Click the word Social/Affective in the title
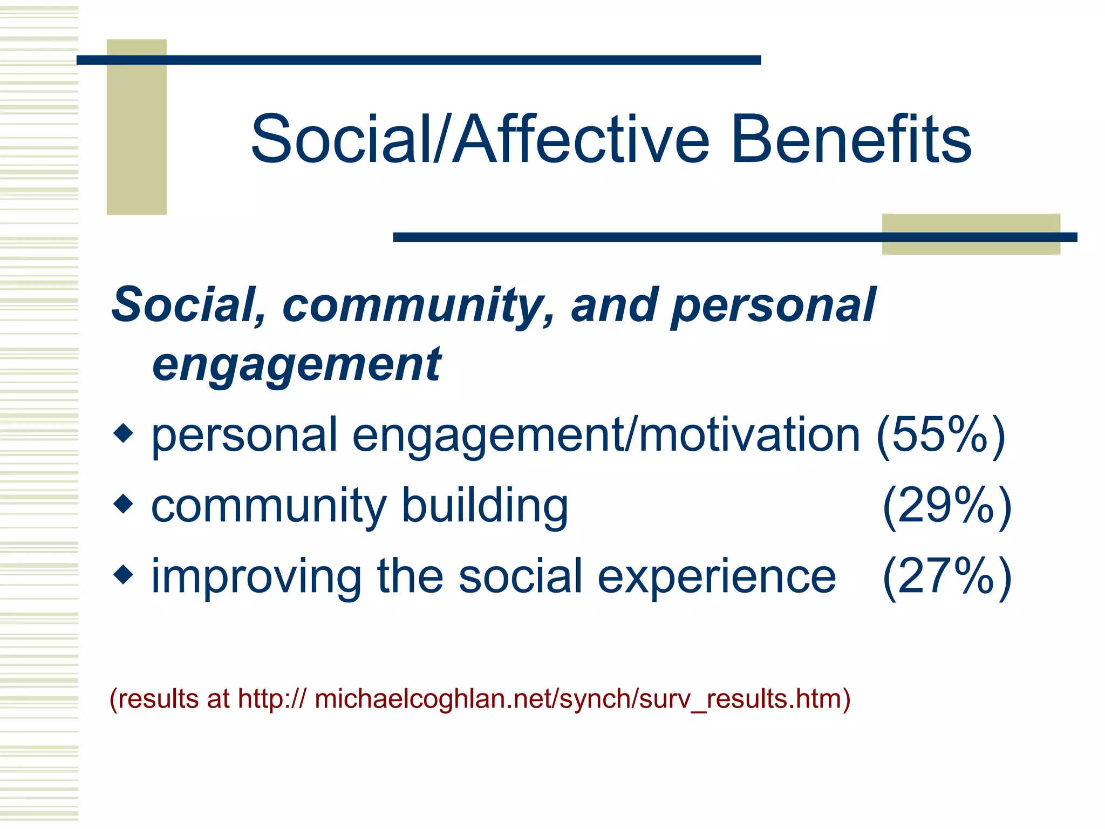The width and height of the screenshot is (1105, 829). coord(480,139)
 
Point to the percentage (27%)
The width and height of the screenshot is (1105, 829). coord(947,576)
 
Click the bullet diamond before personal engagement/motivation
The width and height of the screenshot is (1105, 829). coord(124,433)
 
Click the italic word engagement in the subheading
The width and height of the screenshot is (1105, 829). coord(297,365)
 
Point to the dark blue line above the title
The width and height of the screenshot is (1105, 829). coord(418,60)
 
